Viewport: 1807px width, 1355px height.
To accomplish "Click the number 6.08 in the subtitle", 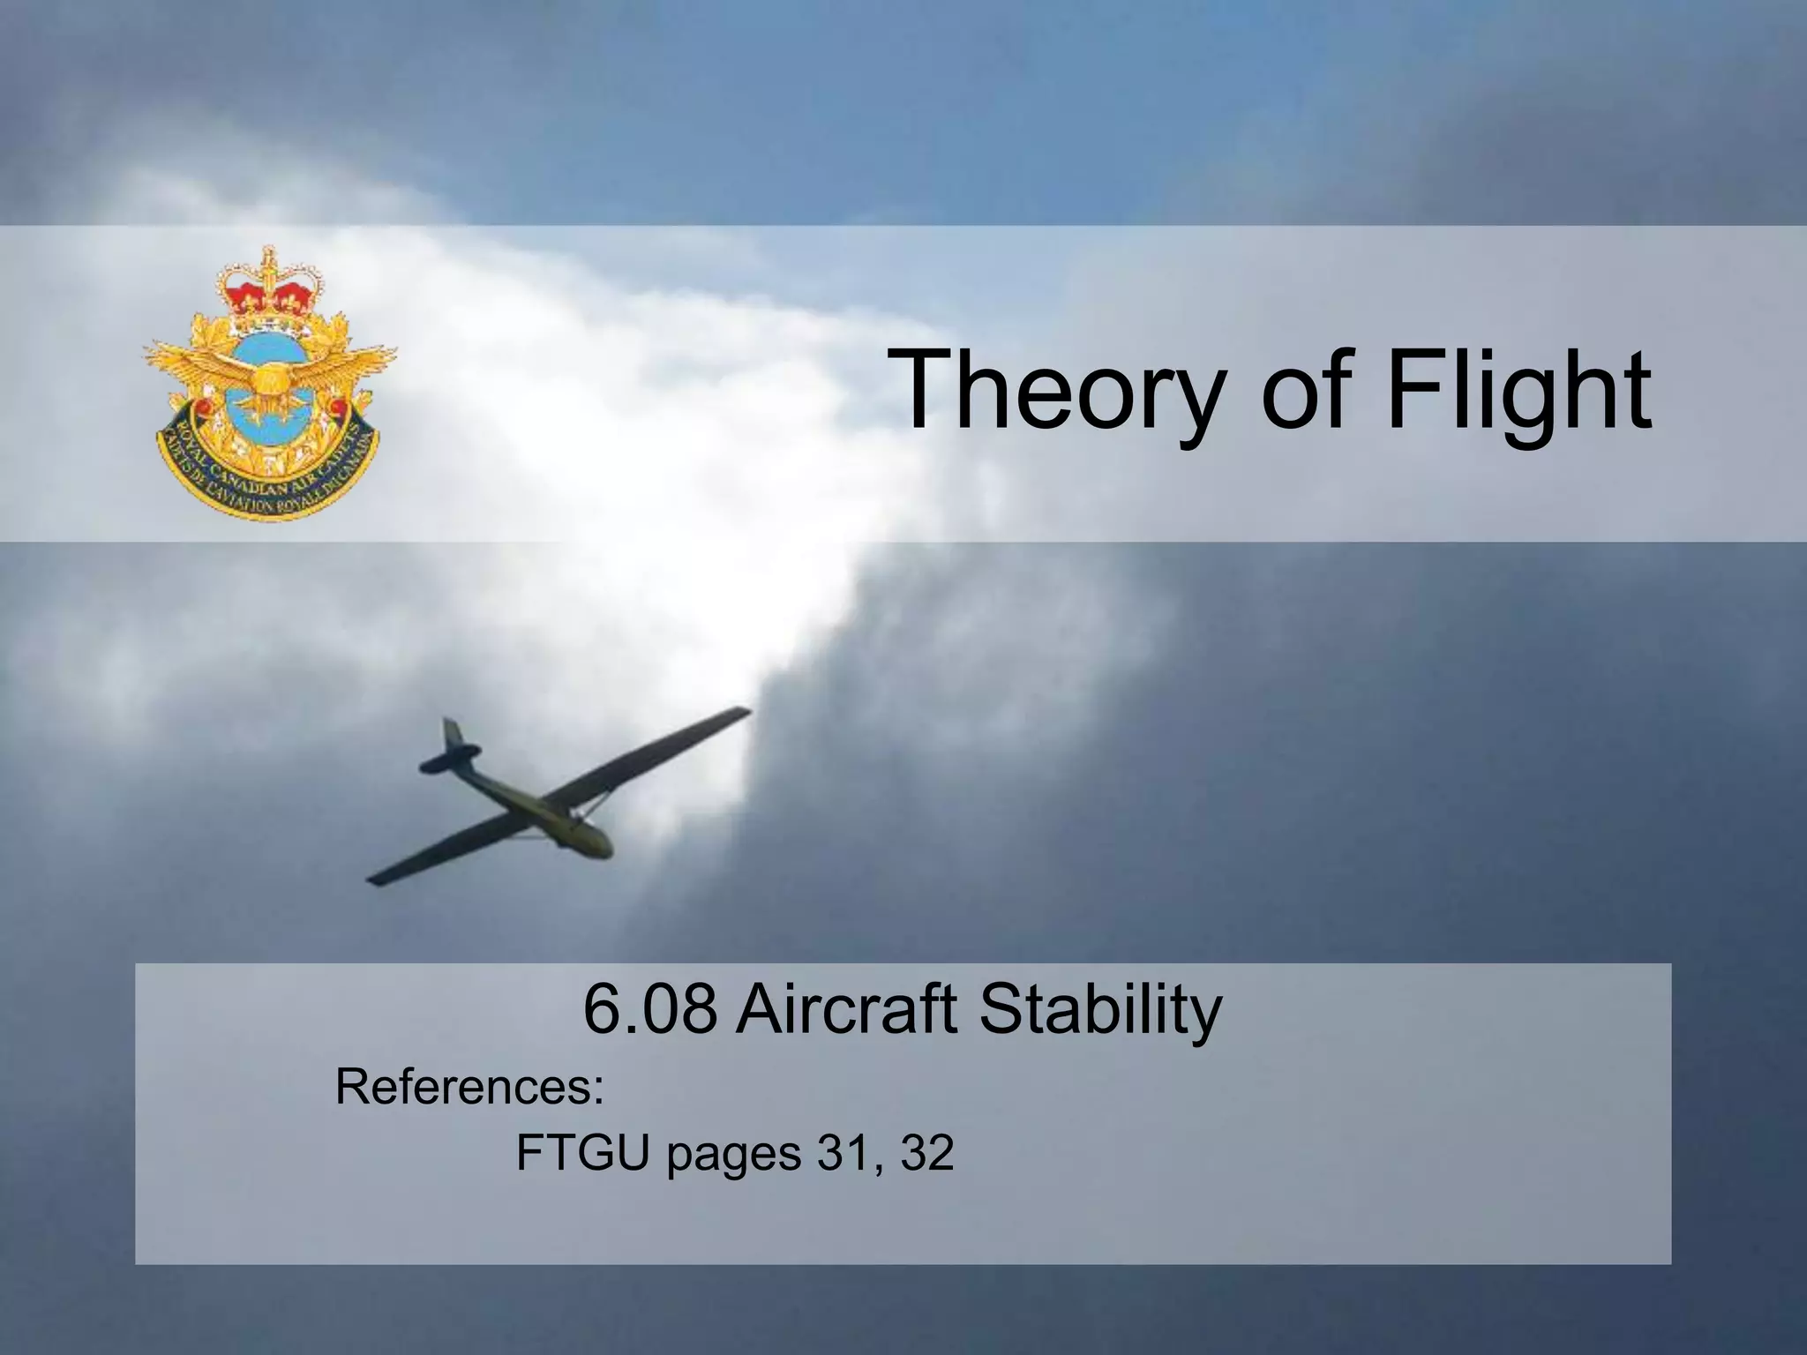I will (649, 1009).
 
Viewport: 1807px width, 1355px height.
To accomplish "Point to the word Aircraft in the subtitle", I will (845, 1009).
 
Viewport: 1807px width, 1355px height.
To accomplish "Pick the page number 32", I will (926, 1153).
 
